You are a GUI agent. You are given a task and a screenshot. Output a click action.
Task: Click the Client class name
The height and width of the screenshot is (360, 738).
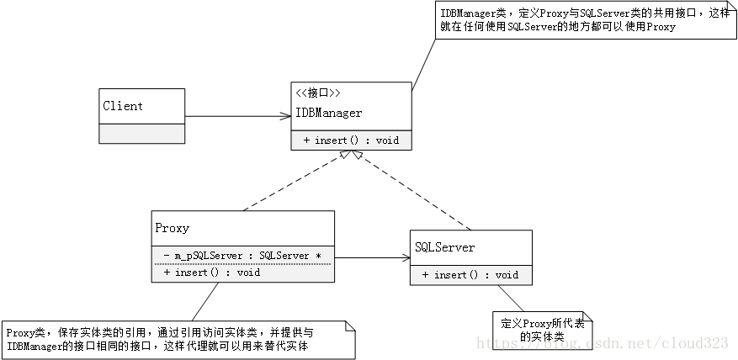(123, 106)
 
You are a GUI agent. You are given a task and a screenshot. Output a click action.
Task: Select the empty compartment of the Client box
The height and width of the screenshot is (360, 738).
(142, 134)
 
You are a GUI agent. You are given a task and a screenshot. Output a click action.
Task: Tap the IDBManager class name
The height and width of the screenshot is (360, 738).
(329, 113)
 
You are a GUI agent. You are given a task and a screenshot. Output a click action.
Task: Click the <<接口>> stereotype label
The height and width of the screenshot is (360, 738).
(317, 93)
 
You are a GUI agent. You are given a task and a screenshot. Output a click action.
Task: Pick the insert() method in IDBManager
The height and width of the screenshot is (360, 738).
(351, 140)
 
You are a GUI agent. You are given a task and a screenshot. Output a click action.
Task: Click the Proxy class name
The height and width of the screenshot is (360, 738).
(173, 228)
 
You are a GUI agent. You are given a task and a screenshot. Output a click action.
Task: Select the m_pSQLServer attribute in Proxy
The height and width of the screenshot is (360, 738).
(243, 255)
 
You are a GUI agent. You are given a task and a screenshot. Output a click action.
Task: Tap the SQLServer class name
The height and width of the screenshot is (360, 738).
(445, 247)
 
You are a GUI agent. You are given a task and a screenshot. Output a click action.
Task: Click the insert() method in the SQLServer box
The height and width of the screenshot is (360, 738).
(470, 275)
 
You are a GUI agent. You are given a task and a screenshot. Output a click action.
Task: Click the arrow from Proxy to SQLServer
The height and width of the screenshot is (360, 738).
(370, 257)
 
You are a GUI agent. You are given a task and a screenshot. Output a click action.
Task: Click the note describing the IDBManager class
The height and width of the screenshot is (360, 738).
(581, 20)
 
